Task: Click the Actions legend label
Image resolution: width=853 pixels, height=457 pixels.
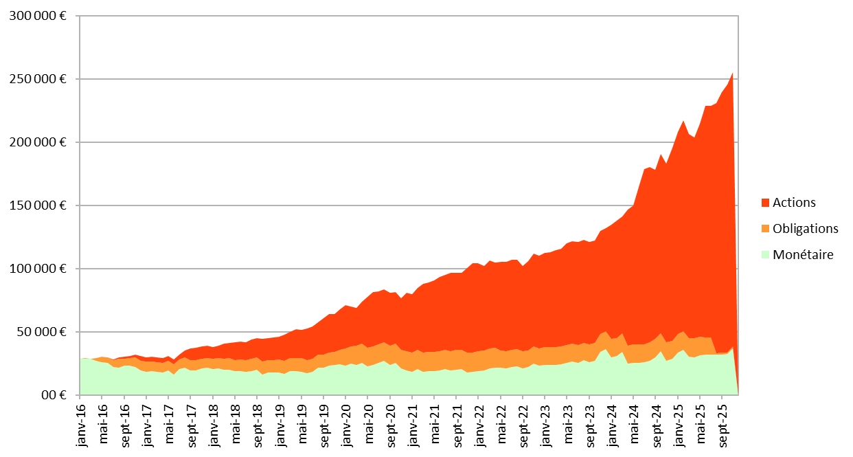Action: pos(794,203)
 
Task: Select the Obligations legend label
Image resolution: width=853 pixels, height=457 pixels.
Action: pos(806,228)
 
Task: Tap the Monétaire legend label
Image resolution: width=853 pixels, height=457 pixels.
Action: pos(803,254)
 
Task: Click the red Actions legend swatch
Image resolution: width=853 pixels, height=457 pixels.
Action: pos(765,203)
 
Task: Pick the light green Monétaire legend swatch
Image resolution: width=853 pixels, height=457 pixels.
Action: pos(765,254)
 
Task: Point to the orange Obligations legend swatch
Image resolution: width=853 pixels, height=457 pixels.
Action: pos(765,228)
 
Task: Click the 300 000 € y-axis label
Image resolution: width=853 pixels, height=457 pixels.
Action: pos(38,16)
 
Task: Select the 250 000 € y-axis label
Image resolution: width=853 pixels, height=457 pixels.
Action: pos(38,79)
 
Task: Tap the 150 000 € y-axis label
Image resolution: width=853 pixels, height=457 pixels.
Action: pos(38,205)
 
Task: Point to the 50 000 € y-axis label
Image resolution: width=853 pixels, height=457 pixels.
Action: pos(42,332)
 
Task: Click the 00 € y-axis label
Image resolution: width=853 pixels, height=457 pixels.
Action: pos(54,395)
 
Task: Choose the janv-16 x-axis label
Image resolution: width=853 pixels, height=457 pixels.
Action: pos(82,424)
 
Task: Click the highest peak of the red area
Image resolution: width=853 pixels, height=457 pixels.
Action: pos(732,73)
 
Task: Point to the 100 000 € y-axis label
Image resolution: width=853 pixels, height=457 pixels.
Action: pos(38,269)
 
